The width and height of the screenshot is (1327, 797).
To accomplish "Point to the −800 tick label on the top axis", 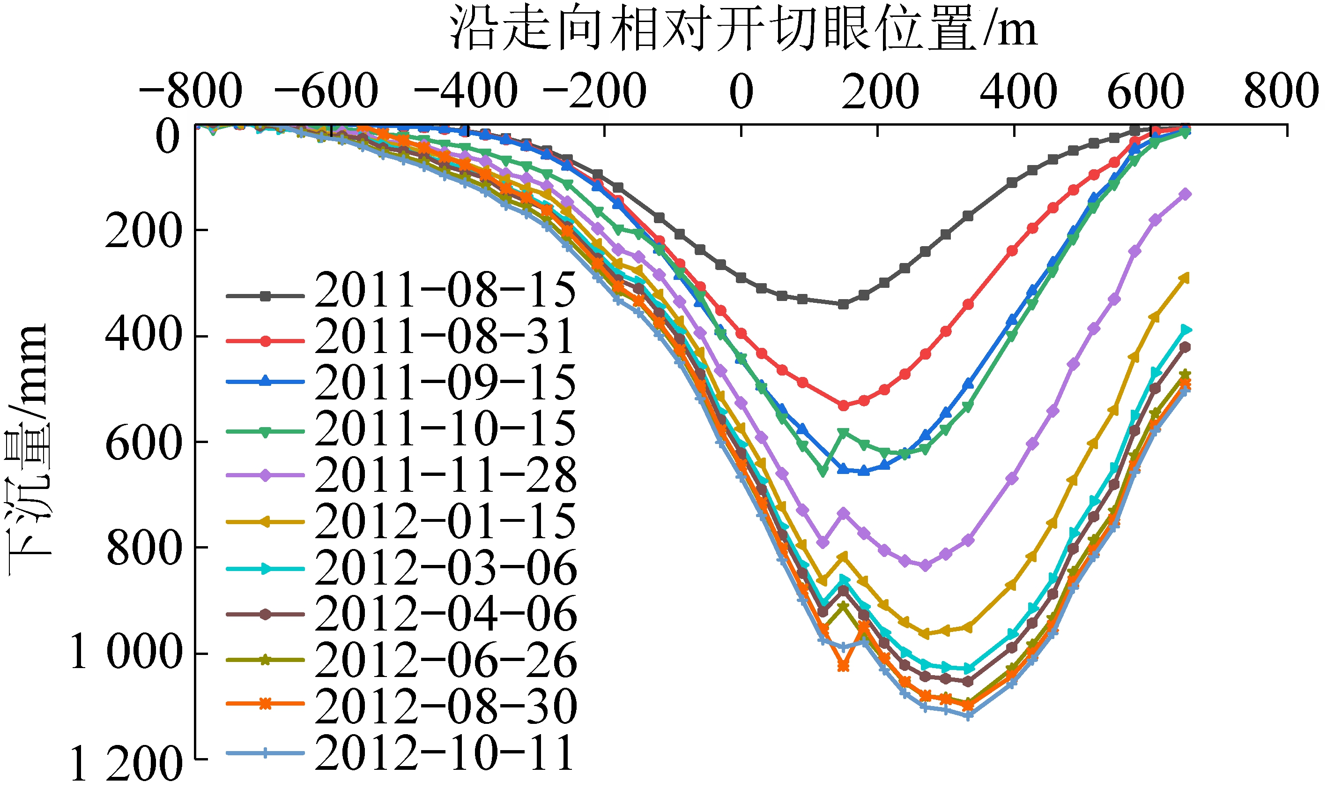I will pyautogui.click(x=191, y=91).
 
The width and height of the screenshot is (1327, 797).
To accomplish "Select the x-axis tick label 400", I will pyautogui.click(x=1018, y=91).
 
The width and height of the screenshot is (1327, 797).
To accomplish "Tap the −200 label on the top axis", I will pyautogui.click(x=594, y=91).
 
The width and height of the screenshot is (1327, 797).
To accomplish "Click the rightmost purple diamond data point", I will pyautogui.click(x=1186, y=195).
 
